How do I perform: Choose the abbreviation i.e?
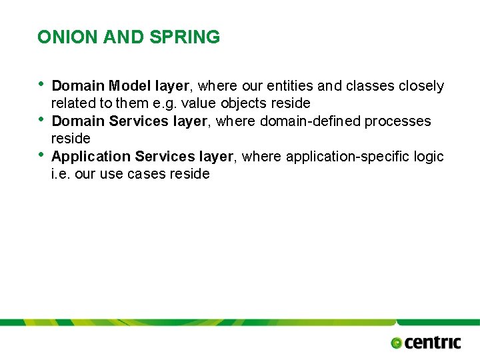(62, 174)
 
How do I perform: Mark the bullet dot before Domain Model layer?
(41, 84)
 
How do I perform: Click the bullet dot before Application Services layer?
(41, 155)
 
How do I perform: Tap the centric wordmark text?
(433, 343)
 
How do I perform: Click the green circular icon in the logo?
(397, 343)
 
